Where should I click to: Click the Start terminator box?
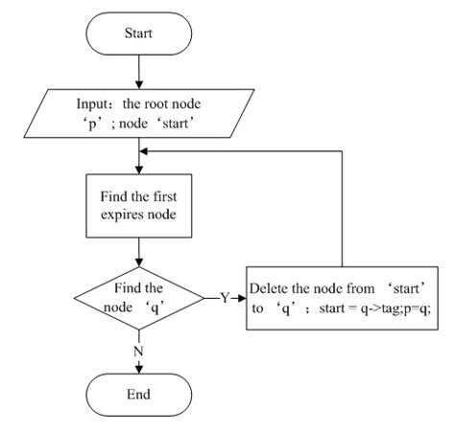pos(140,34)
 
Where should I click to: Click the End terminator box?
pos(140,393)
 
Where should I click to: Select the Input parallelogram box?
pos(141,113)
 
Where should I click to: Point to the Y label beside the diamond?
pos(225,297)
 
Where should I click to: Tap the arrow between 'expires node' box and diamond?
pos(140,249)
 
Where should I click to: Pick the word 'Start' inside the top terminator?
pos(140,34)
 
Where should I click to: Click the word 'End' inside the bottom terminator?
pos(140,393)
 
